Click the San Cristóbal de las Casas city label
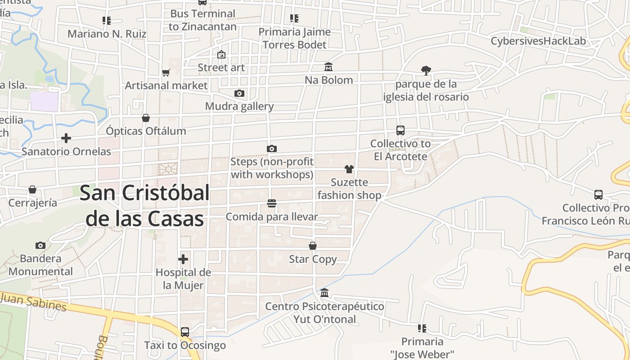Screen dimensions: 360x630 [144, 206]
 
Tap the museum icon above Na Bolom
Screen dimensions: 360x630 [328, 67]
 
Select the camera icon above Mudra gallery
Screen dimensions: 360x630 [239, 94]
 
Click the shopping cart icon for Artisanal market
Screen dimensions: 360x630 [166, 72]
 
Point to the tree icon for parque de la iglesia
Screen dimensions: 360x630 [426, 70]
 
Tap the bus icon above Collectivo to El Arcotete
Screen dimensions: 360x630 [400, 130]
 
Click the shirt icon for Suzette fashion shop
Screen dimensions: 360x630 [349, 169]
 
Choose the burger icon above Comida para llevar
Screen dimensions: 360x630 [271, 204]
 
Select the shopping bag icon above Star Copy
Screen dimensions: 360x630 [313, 246]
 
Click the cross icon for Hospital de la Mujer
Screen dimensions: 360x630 [183, 259]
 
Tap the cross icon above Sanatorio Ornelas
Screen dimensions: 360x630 [66, 138]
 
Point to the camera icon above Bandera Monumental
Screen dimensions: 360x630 [40, 245]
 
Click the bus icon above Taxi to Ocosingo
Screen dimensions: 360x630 [185, 332]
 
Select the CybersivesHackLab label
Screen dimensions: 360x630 [538, 41]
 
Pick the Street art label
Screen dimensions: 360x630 [221, 67]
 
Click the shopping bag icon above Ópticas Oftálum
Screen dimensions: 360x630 [146, 118]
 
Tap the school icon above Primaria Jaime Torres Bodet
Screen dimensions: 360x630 [294, 18]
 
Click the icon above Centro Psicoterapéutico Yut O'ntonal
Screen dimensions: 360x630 [324, 293]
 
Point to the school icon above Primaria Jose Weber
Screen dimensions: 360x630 [422, 328]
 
